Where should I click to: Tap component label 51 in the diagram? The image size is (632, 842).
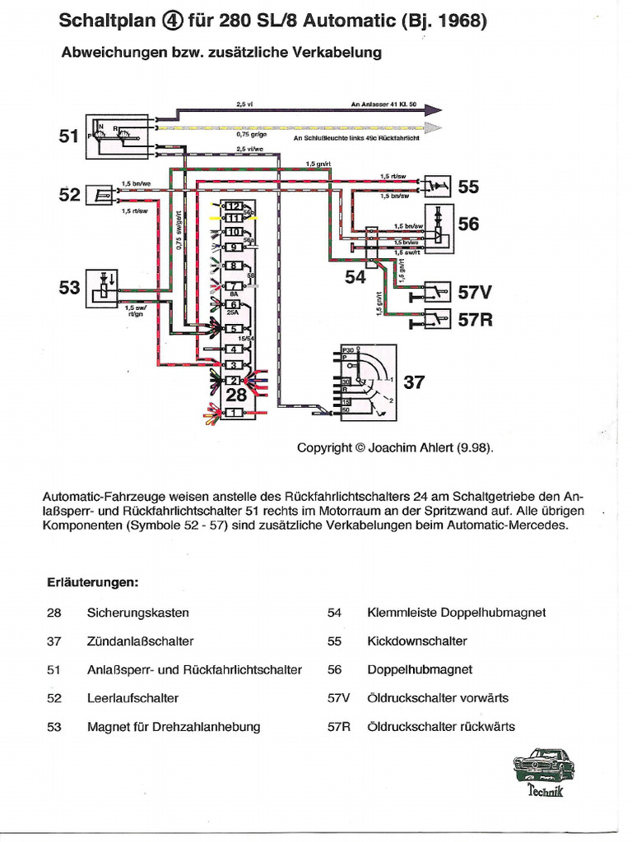tap(68, 137)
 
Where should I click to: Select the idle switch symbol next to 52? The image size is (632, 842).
tap(104, 195)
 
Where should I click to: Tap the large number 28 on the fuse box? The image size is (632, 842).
tap(235, 396)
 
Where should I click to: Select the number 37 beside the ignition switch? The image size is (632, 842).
tap(414, 382)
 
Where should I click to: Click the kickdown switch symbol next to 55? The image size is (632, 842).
tap(436, 187)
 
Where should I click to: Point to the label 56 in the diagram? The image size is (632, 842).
tap(468, 224)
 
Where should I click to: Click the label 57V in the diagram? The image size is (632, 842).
tap(475, 293)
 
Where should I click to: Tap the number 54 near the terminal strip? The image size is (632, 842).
tap(355, 278)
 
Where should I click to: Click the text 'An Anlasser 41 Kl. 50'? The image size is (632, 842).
tap(384, 106)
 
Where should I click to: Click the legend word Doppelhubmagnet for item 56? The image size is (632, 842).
tap(420, 669)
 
